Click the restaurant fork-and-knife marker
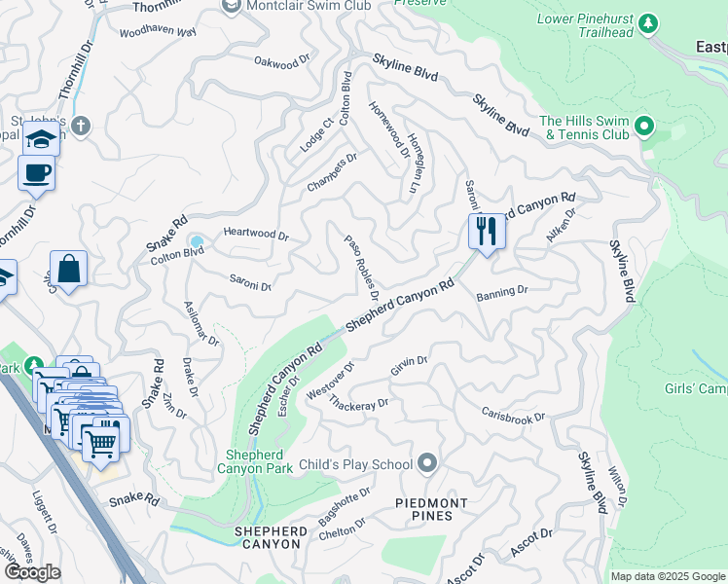click(x=486, y=232)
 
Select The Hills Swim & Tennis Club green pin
click(x=643, y=127)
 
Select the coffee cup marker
click(x=36, y=173)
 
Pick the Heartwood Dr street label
click(x=256, y=235)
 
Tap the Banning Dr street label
click(x=501, y=291)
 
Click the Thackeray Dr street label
click(x=358, y=402)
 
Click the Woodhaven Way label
click(x=158, y=32)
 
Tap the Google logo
click(x=32, y=572)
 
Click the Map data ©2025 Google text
click(x=667, y=576)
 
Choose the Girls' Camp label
click(x=695, y=388)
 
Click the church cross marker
click(x=80, y=126)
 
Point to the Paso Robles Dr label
click(x=361, y=260)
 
